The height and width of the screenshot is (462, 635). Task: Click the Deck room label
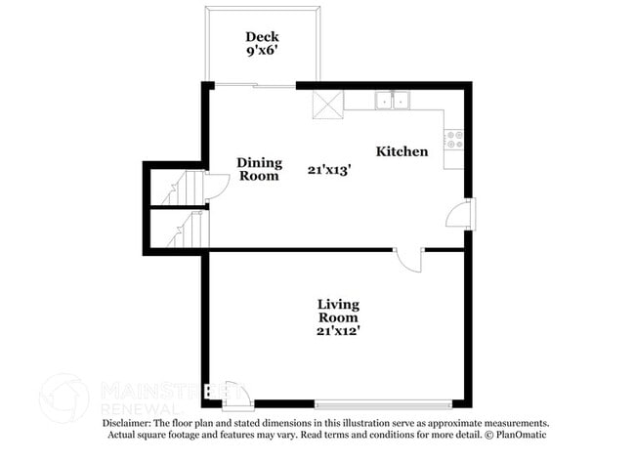261,37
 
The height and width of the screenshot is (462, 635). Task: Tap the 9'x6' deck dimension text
261,54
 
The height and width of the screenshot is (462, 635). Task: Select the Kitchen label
402,151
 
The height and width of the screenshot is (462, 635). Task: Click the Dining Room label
260,169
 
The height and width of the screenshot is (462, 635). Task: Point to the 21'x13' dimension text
329,169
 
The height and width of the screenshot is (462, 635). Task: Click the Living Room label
337,311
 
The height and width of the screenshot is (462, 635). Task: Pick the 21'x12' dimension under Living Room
337,331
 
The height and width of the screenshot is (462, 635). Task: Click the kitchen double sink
394,99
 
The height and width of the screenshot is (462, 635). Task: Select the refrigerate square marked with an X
327,103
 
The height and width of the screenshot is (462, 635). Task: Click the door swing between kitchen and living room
408,260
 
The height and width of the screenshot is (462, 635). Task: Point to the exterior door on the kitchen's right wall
461,215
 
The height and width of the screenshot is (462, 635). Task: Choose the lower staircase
186,231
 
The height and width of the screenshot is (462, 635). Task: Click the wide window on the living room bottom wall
383,401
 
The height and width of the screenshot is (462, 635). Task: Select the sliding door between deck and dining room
254,86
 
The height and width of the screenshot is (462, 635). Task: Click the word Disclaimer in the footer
132,423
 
